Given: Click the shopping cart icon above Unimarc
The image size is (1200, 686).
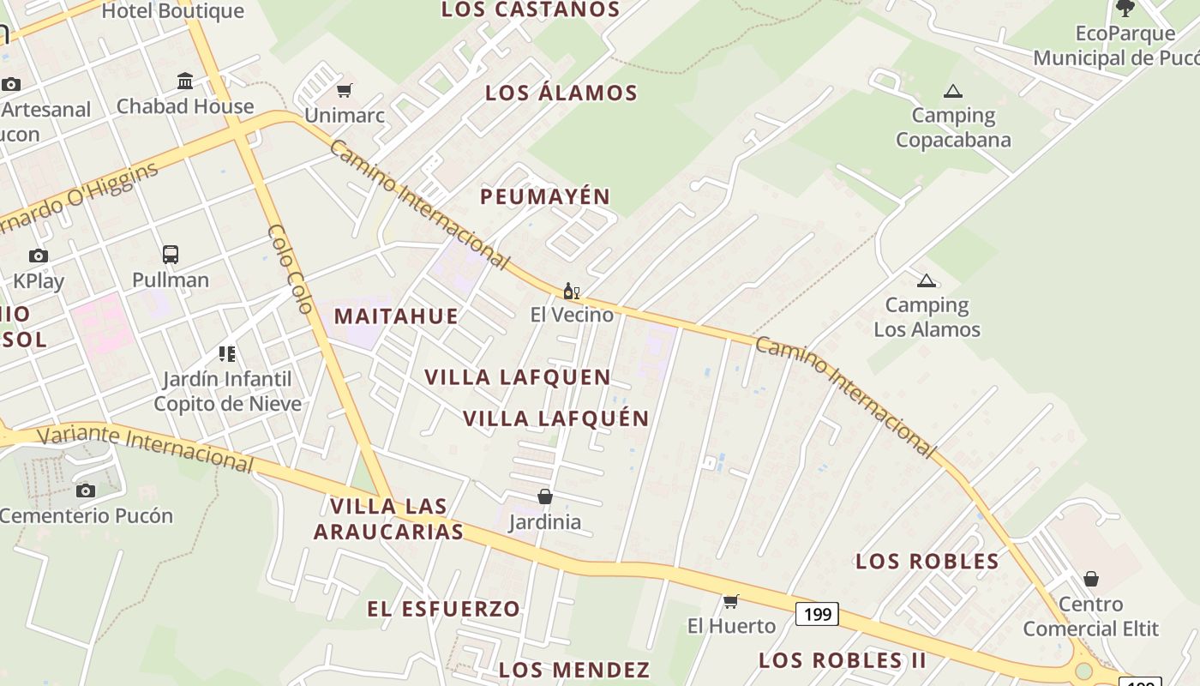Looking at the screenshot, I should (x=345, y=90).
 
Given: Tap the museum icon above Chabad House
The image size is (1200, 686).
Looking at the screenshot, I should (x=185, y=81).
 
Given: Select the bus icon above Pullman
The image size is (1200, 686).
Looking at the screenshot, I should (x=171, y=255).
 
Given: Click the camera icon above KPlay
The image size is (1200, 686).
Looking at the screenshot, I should (x=39, y=256).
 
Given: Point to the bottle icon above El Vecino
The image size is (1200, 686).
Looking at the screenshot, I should (x=571, y=292).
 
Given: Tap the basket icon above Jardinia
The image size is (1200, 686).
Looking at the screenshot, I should (x=544, y=496).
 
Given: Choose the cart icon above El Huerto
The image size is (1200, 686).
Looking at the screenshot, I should (x=730, y=601).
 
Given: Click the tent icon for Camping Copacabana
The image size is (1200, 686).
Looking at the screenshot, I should (x=952, y=91).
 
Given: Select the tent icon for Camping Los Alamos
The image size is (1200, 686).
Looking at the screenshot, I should (x=926, y=280).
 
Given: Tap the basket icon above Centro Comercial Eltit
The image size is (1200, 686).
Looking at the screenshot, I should (x=1090, y=579).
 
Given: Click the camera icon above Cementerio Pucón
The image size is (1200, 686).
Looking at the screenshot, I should (x=85, y=490).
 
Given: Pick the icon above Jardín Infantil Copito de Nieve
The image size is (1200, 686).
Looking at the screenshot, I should (x=227, y=353).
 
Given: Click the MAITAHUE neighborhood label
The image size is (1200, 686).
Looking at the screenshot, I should (x=396, y=316).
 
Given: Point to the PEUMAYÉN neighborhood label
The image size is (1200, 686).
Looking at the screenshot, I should (x=545, y=196).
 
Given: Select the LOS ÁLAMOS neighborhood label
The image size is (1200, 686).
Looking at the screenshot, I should (x=561, y=93).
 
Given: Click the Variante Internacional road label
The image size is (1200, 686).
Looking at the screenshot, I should (x=146, y=446).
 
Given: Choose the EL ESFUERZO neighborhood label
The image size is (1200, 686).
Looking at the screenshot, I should (x=444, y=609).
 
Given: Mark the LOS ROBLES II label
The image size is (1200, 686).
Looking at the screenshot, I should (x=843, y=660).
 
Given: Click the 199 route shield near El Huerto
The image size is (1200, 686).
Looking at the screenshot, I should (x=817, y=614).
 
